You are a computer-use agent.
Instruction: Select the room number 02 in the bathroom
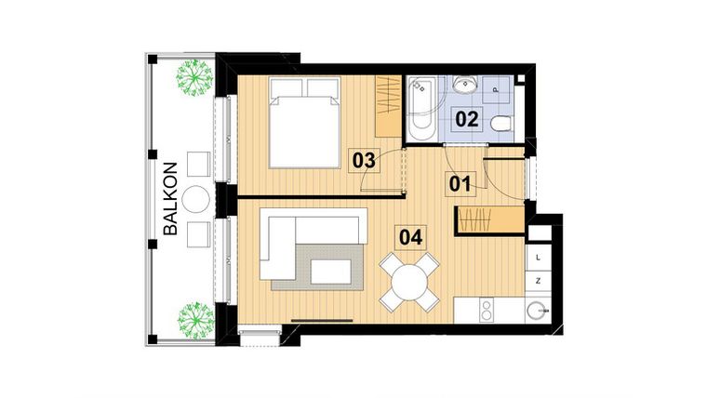(467, 119)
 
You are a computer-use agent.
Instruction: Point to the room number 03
(365, 160)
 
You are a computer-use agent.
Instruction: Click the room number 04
(410, 236)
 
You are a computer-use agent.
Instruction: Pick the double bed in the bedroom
(303, 122)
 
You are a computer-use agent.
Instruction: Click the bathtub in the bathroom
(421, 109)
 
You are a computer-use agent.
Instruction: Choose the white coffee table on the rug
(330, 271)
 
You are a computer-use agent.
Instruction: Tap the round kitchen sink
(533, 311)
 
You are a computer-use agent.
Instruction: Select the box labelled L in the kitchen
(539, 257)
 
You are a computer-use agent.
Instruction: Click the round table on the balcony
(197, 198)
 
